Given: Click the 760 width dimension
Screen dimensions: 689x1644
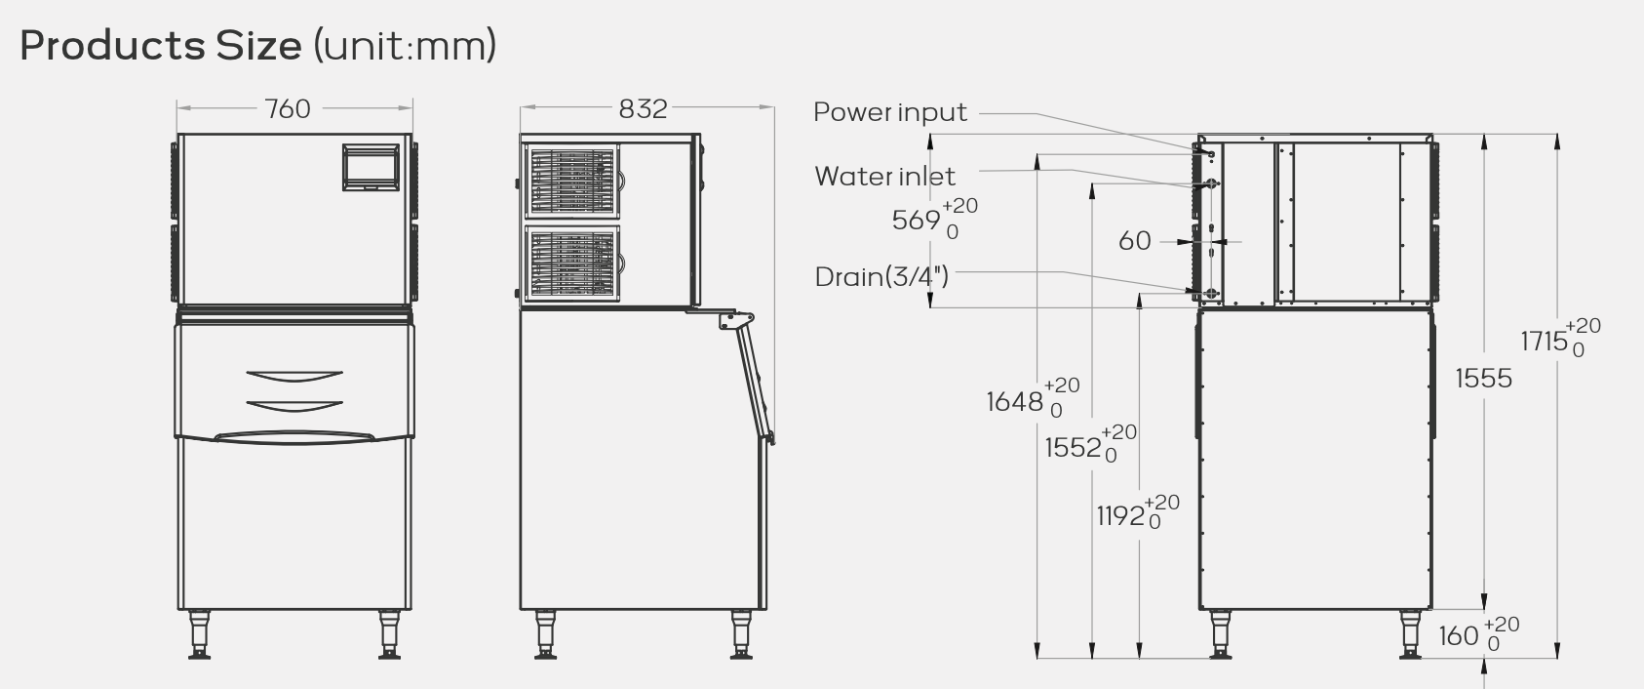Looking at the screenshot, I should pos(288,108).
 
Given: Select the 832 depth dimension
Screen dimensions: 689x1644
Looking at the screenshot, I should pos(643,108).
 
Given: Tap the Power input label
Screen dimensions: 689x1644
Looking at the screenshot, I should pos(890,112).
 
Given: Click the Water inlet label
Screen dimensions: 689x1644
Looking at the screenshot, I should pos(884,177).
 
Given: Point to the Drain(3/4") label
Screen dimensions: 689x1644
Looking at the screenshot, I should pos(881,277).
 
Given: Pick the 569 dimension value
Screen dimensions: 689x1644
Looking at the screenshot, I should pos(917,221).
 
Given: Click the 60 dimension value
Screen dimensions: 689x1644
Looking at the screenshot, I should pos(1134,240).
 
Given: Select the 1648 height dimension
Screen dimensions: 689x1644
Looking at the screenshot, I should pos(1015,401).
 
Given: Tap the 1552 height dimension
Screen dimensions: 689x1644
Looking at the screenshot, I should pos(1074,448).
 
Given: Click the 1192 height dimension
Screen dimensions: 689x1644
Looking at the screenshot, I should pos(1119,515).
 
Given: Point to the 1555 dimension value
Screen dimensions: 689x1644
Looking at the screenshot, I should pos(1483,379).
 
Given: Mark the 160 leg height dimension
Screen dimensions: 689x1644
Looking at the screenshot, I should pos(1459,636).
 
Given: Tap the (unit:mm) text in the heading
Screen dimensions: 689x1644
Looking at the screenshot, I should pos(405,46).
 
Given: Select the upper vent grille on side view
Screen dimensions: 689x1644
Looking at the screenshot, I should pos(573,182).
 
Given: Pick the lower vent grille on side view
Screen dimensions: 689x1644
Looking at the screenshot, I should pos(573,263).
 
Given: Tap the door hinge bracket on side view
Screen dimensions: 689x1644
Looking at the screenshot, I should pos(736,320).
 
